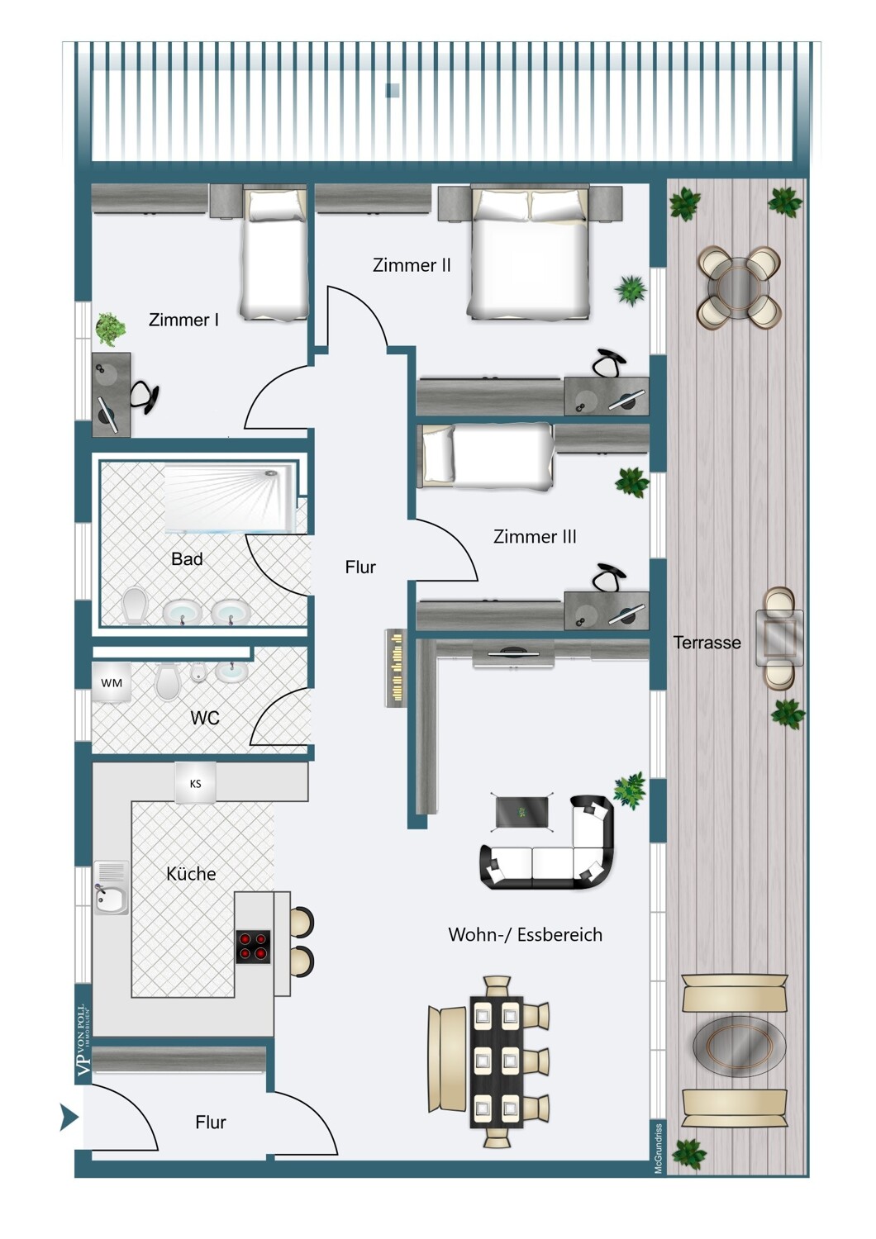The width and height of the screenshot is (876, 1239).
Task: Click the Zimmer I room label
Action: [x=183, y=320]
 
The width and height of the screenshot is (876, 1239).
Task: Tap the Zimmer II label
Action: [x=412, y=265]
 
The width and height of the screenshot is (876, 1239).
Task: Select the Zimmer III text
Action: [x=535, y=537]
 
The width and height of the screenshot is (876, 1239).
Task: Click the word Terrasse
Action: [x=707, y=643]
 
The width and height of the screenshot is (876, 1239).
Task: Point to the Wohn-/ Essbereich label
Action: [x=525, y=935]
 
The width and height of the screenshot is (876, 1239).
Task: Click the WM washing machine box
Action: [x=112, y=683]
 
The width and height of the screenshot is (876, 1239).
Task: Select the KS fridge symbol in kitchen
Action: [x=196, y=784]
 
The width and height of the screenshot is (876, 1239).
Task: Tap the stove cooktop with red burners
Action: [x=253, y=947]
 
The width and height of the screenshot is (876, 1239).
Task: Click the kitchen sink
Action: [x=111, y=888]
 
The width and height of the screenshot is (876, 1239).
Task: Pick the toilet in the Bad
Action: [x=135, y=605]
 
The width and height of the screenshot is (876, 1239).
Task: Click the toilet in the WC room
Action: [x=168, y=681]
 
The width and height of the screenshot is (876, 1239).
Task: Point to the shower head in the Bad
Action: [x=270, y=474]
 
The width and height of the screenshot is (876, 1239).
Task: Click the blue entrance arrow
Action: [x=69, y=1118]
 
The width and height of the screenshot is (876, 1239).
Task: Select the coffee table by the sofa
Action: [x=523, y=812]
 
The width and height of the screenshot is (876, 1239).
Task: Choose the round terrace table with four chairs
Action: [x=740, y=288]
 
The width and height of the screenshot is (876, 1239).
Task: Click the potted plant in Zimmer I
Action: [x=110, y=329]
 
